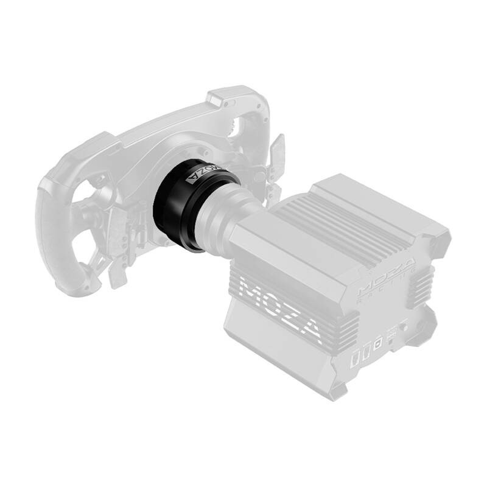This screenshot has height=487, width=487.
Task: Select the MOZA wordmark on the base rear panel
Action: (386, 277)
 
